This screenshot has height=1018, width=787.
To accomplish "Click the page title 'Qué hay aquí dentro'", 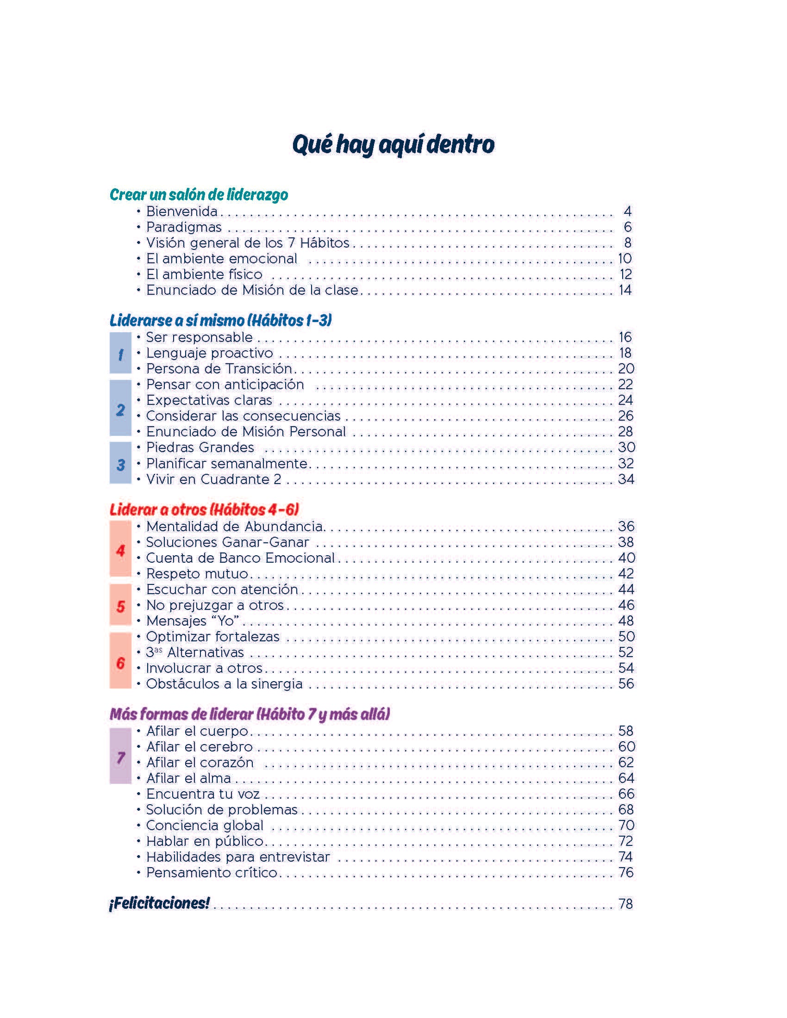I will (x=393, y=145).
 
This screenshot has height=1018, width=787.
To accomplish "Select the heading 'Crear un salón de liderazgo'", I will (x=199, y=194).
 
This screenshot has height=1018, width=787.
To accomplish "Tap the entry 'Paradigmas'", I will (x=184, y=227).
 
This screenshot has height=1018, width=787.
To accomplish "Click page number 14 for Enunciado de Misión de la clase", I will (x=625, y=290).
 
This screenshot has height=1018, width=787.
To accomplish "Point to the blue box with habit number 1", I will (x=120, y=353).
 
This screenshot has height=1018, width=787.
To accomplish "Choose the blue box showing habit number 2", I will (x=120, y=408).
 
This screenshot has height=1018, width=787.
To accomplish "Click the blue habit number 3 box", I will (x=120, y=463).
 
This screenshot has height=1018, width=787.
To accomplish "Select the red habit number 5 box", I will (x=120, y=605).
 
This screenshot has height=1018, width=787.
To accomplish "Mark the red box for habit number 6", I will (x=120, y=660).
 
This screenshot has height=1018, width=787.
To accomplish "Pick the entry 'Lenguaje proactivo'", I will (x=210, y=353).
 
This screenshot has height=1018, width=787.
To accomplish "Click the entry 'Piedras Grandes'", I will (x=200, y=447).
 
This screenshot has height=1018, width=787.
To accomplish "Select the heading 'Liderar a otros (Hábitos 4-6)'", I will (x=204, y=509).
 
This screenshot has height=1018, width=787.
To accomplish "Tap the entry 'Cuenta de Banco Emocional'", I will (x=241, y=558).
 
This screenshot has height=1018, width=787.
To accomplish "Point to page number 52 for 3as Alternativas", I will (x=626, y=652).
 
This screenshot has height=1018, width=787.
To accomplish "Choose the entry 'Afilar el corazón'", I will (x=200, y=762).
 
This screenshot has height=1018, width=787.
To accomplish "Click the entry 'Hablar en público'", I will (x=205, y=841).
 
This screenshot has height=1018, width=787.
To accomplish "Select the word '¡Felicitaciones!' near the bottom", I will (x=159, y=903).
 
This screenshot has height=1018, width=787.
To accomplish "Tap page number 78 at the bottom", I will (x=626, y=904).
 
